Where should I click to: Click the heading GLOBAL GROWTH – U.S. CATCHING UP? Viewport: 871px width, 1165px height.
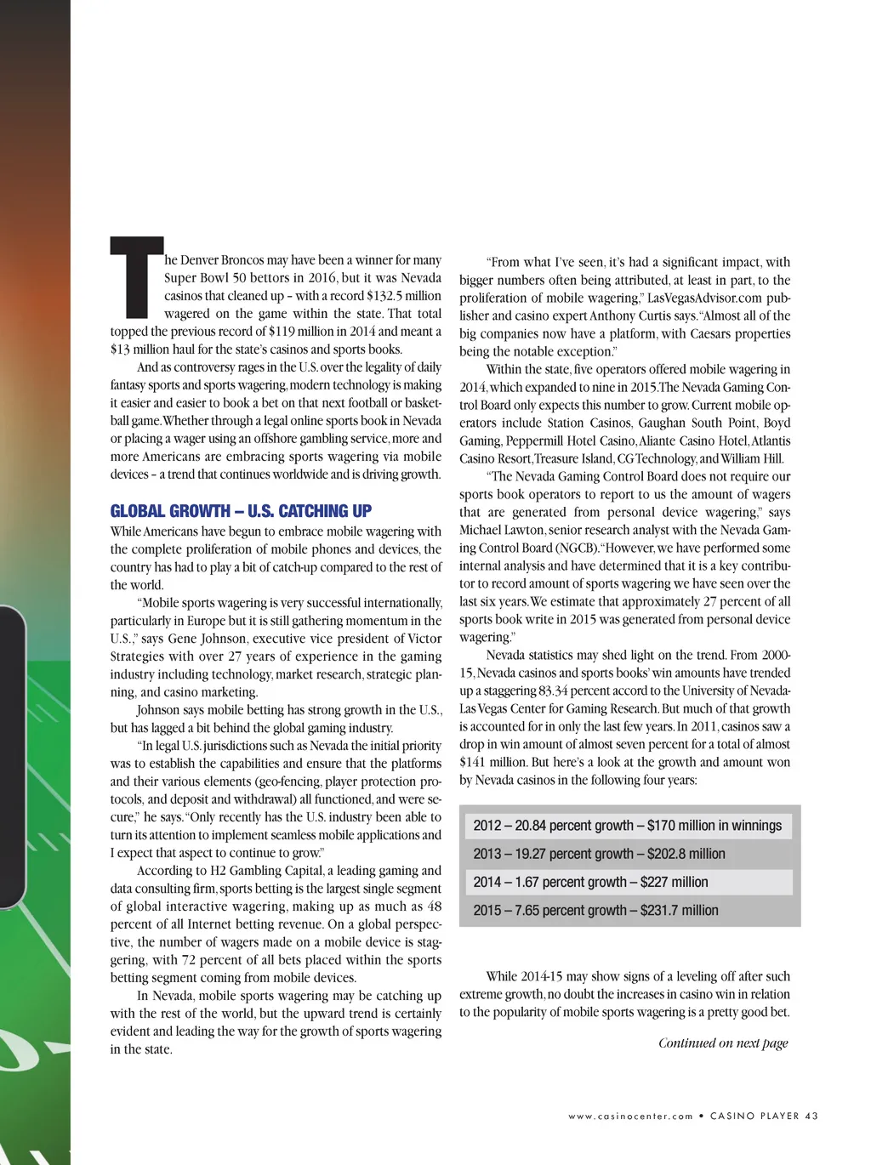pyautogui.click(x=241, y=511)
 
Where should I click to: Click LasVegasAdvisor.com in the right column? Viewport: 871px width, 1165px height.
pyautogui.click(x=706, y=298)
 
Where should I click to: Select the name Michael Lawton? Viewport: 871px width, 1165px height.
pyautogui.click(x=501, y=530)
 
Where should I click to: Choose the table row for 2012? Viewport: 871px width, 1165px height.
pyautogui.click(x=627, y=826)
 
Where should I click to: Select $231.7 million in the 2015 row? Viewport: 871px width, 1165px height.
pyautogui.click(x=679, y=911)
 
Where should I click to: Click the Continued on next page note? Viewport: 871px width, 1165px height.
pyautogui.click(x=723, y=1043)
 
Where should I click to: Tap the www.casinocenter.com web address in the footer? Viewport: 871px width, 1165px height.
pyautogui.click(x=631, y=1117)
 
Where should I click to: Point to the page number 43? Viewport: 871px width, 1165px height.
pyautogui.click(x=811, y=1117)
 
